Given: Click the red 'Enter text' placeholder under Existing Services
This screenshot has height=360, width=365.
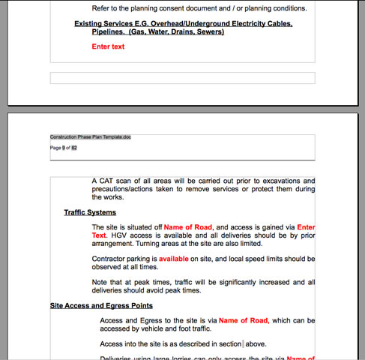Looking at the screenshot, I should [108, 46].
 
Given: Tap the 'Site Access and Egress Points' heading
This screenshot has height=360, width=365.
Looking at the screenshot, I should [101, 306].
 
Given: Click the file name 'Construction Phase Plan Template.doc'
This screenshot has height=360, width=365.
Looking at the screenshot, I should [91, 137].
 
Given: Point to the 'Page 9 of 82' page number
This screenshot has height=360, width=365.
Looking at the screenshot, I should [64, 148].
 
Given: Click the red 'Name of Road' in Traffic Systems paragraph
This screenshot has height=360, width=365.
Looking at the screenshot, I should [189, 226].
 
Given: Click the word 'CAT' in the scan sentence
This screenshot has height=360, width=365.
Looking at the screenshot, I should [108, 181].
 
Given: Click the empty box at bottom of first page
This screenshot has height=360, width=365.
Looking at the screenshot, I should [182, 78].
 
